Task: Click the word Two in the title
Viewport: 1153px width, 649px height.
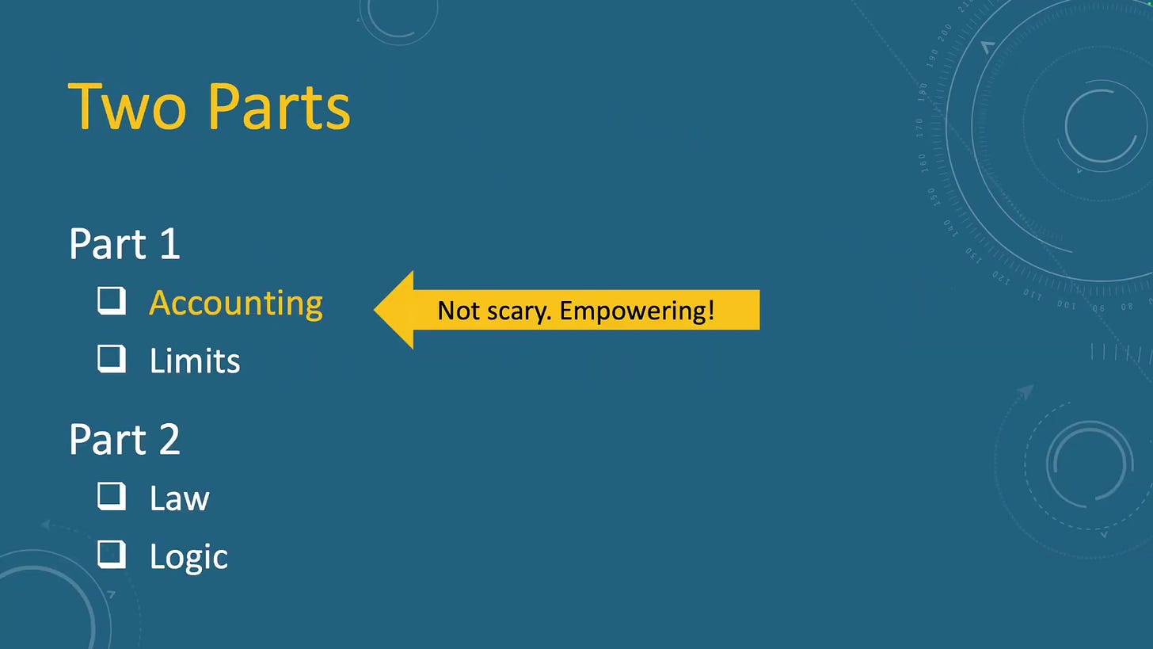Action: coord(127,107)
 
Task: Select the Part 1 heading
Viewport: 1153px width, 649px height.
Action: coord(124,243)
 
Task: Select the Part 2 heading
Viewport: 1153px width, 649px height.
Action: coord(124,439)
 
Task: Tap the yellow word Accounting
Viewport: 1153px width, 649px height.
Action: coord(236,304)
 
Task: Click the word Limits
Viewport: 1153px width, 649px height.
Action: coord(195,361)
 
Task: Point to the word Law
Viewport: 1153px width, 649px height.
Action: coord(179,498)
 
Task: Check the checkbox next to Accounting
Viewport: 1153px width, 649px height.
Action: coord(112,301)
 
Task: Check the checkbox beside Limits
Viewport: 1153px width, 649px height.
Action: coord(112,358)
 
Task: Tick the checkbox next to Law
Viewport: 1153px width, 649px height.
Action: coord(112,496)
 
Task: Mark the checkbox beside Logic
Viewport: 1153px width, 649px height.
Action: coord(112,554)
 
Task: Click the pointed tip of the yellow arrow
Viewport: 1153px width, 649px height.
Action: coord(375,310)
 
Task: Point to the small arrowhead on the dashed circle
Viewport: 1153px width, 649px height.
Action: coord(1025,392)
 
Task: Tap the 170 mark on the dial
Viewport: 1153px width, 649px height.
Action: coord(920,128)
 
